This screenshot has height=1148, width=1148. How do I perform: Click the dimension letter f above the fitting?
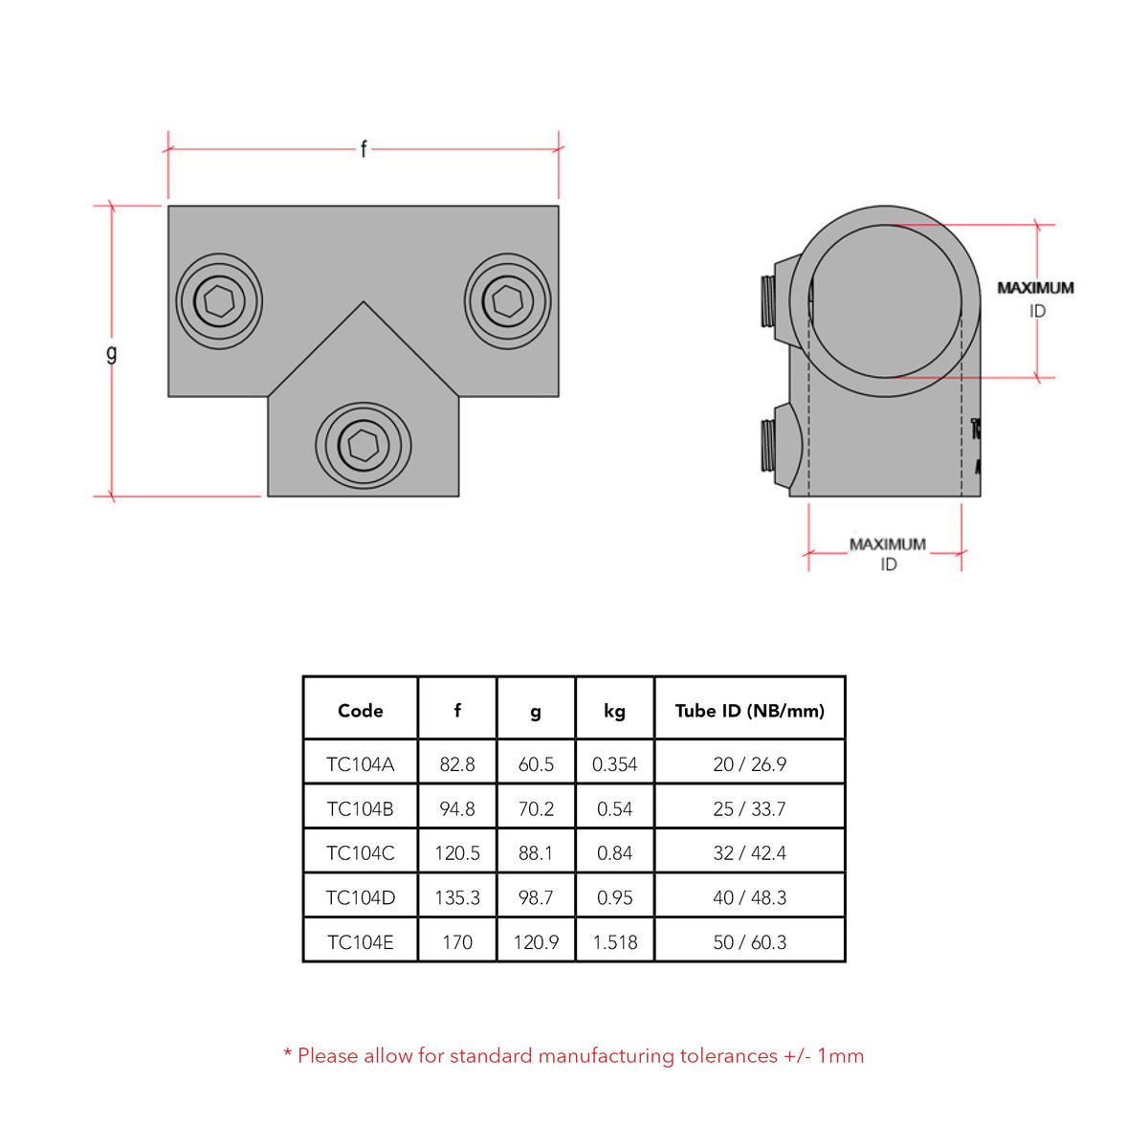(x=364, y=149)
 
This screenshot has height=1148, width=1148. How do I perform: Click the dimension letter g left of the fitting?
(x=112, y=353)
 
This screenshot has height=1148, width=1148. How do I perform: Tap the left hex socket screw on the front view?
(x=219, y=301)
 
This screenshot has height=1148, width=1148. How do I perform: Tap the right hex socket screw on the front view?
(x=507, y=300)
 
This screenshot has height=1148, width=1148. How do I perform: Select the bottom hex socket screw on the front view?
(x=364, y=445)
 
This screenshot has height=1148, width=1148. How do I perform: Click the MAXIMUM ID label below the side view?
(x=888, y=554)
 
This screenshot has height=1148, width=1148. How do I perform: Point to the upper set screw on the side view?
(x=769, y=301)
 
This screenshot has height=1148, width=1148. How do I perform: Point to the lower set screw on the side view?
(x=769, y=445)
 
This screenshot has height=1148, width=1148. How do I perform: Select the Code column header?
(x=361, y=711)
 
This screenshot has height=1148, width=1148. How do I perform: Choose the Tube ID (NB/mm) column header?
(x=749, y=711)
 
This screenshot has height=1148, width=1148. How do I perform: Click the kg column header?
(x=614, y=711)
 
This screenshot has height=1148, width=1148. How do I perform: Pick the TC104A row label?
(x=361, y=764)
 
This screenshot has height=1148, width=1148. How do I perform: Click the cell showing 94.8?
(x=457, y=809)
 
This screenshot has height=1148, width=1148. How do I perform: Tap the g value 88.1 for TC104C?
(x=536, y=853)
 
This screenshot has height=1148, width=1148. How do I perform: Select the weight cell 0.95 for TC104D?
(x=614, y=898)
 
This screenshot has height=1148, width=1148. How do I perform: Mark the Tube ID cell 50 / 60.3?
(x=749, y=942)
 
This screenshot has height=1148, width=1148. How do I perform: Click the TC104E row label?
(x=361, y=942)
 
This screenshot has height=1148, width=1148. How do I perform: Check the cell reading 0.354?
(x=614, y=764)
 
